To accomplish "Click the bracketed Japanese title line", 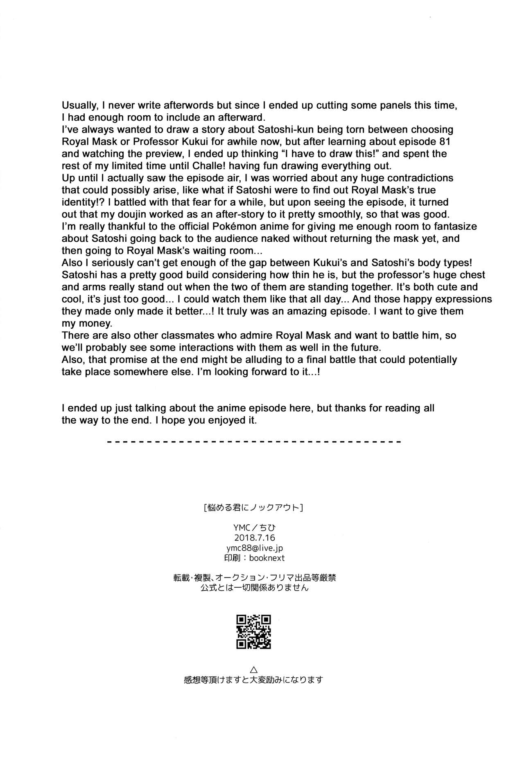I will click(x=253, y=508).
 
